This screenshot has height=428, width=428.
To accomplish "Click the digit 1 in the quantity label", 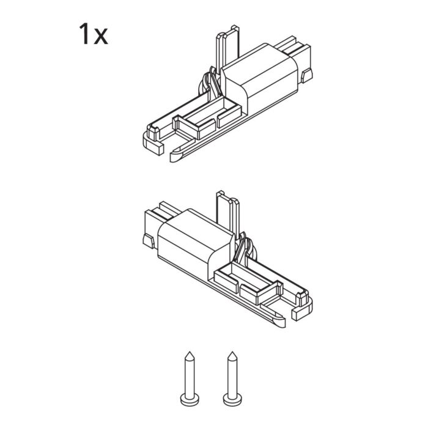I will point(84,34).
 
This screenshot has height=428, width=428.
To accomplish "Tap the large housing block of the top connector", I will point(260,76).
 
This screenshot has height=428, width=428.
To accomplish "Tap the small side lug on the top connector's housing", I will point(307,76).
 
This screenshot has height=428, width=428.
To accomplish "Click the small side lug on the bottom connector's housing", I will point(147,240).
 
